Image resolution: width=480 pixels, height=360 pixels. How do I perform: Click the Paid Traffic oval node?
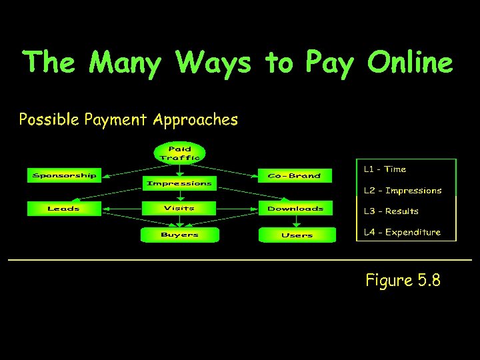click(x=179, y=153)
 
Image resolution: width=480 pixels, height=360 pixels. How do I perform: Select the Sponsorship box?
click(x=64, y=175)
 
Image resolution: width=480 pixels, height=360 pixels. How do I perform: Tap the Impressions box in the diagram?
click(x=179, y=183)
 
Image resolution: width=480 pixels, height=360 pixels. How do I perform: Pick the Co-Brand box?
click(x=294, y=175)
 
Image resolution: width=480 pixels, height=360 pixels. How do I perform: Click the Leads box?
click(x=64, y=209)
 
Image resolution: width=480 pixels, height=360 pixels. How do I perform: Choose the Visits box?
click(x=179, y=209)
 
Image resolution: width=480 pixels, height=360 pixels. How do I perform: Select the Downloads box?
click(x=295, y=209)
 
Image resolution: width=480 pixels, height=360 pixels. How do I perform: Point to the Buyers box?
click(x=179, y=235)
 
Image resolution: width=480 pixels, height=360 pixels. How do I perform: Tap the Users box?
click(x=297, y=235)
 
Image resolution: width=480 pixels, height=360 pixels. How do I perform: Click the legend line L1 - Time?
click(x=385, y=169)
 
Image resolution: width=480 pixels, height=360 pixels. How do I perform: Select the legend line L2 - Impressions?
click(x=403, y=191)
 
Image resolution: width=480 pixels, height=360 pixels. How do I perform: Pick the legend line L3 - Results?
click(x=391, y=211)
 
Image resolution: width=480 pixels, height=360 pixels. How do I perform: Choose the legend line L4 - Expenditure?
click(x=402, y=233)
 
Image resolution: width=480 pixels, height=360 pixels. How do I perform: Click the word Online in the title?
click(x=409, y=63)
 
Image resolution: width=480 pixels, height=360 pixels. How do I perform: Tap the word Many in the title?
click(x=125, y=63)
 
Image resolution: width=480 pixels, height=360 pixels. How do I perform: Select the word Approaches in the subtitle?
click(x=195, y=121)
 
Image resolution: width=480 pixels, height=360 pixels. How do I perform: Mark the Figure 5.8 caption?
click(x=403, y=281)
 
